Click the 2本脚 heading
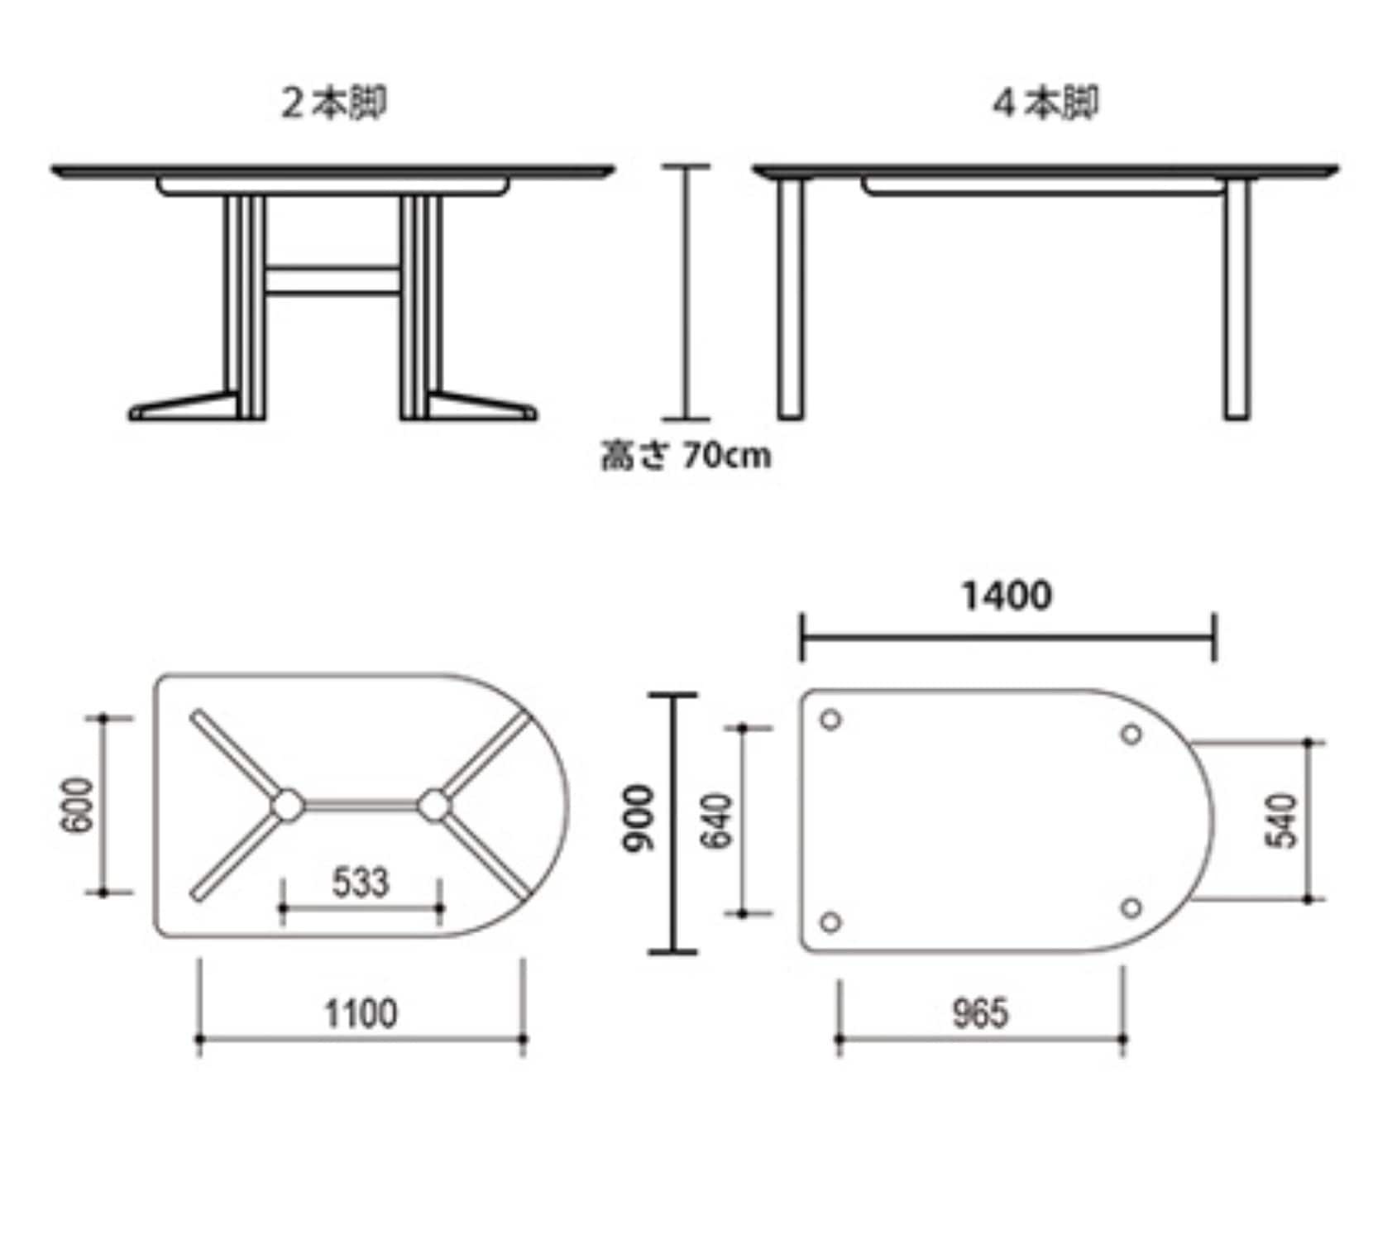pyautogui.click(x=333, y=104)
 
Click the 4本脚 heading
pyautogui.click(x=1045, y=104)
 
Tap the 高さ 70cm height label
pyautogui.click(x=686, y=456)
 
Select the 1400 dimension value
pyautogui.click(x=1007, y=596)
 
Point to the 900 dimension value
pyautogui.click(x=639, y=819)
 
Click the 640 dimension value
pyautogui.click(x=717, y=821)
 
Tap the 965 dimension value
pyautogui.click(x=981, y=1013)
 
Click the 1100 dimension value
pyautogui.click(x=361, y=1013)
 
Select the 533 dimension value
pyautogui.click(x=361, y=883)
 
